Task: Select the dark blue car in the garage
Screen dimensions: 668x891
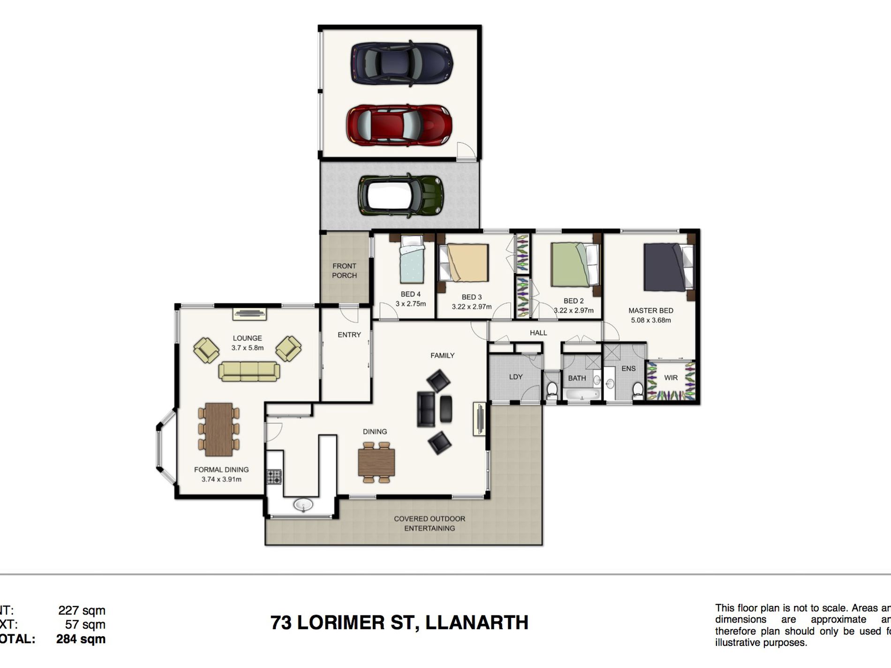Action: point(402,64)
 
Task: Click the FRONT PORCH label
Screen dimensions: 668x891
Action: point(344,270)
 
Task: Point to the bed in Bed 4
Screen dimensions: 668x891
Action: point(412,260)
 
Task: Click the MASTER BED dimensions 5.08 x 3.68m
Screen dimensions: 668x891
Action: point(650,320)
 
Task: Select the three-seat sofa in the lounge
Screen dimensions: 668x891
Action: point(249,371)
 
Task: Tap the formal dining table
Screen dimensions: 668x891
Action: point(219,429)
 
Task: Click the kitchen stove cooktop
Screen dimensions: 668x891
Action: point(274,477)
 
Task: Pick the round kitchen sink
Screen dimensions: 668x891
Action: point(303,505)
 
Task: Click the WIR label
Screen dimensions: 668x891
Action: point(671,378)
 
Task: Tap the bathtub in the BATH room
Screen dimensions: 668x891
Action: point(581,394)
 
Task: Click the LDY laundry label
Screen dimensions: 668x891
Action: point(515,376)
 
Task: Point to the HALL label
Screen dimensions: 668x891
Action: point(538,333)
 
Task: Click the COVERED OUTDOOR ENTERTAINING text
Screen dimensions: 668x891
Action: point(429,523)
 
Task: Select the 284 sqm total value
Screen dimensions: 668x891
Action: point(81,639)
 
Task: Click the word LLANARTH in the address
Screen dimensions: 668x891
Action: point(476,623)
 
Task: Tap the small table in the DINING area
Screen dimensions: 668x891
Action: point(376,462)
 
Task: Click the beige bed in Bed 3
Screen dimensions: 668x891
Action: point(467,263)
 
